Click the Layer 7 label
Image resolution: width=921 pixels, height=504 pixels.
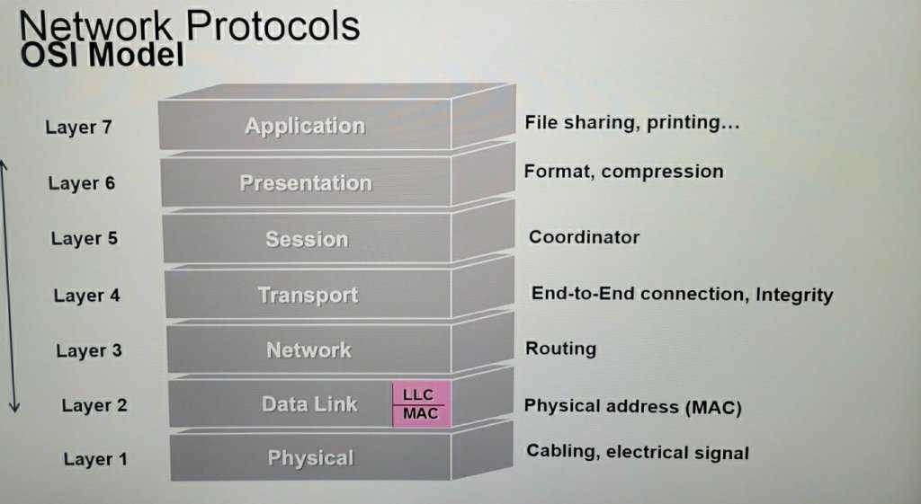[79, 128]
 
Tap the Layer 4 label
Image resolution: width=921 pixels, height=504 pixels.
[87, 296]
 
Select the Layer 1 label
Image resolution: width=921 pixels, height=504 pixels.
[95, 459]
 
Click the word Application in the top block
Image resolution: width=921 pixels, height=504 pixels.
[305, 126]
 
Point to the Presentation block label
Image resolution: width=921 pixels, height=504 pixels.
[306, 183]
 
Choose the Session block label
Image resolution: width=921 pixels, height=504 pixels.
[307, 239]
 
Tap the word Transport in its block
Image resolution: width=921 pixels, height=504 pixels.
[308, 296]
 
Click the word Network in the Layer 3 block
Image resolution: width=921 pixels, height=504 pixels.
[309, 350]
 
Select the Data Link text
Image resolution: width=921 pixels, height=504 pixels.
[309, 404]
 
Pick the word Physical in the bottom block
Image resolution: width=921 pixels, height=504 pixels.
[310, 458]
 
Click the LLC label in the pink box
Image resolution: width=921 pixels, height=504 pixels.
[418, 395]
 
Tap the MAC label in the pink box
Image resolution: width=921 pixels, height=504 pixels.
[421, 413]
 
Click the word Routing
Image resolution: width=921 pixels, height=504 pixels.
[561, 349]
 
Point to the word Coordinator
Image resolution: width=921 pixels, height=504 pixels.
[585, 237]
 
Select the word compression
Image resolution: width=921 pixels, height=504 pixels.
[663, 172]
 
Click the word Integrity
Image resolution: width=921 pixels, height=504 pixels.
[795, 295]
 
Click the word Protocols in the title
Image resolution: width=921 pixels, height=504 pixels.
[273, 26]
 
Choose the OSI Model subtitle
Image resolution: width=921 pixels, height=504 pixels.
[103, 55]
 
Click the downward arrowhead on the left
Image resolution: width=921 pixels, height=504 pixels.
[14, 407]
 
